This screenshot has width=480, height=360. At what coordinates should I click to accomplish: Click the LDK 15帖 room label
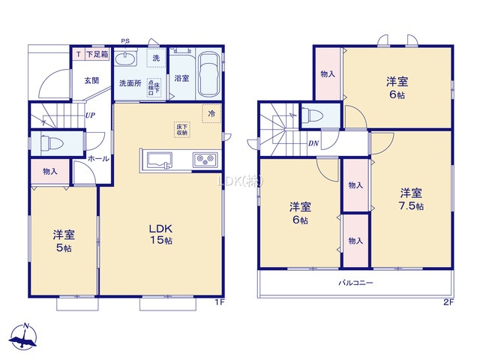160,233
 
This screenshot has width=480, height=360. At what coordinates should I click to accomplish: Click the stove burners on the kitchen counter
205,159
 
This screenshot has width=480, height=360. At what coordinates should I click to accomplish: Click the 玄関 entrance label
91,79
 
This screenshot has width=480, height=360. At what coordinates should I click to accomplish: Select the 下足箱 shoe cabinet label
95,55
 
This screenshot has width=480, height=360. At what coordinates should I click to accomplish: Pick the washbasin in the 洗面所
126,60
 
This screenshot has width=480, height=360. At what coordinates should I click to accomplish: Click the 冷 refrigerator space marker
211,113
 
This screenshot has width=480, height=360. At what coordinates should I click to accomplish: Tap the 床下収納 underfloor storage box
183,129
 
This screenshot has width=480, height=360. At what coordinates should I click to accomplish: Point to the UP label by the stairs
89,115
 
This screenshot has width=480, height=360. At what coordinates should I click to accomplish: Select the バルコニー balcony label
355,283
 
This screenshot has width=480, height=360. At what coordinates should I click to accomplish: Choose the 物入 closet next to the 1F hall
49,172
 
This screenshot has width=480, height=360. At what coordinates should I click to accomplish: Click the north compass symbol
25,337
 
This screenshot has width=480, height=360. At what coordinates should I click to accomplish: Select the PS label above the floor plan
124,41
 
